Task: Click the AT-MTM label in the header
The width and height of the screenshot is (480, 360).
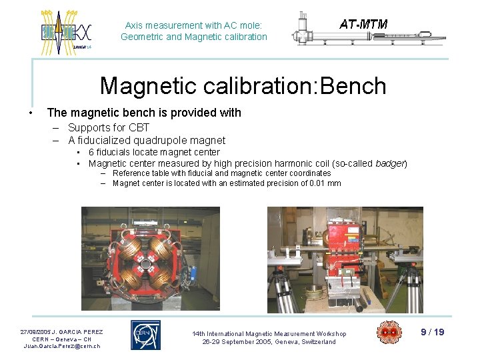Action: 363,25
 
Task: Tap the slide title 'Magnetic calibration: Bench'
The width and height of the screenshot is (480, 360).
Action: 243,86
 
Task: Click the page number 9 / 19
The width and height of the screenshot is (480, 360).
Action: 433,332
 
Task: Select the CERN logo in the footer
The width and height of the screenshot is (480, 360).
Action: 145,335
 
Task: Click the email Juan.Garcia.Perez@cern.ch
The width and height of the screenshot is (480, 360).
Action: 61,346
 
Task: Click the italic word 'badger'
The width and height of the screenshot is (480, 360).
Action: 390,163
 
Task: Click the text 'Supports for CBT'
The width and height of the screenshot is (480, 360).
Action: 109,127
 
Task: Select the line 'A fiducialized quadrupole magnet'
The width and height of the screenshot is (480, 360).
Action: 147,140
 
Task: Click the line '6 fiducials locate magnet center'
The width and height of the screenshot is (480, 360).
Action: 154,153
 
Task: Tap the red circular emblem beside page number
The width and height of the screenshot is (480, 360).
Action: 389,333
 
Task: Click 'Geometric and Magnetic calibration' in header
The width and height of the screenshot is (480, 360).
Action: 194,37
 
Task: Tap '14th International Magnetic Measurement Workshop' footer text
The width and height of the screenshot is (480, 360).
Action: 269,333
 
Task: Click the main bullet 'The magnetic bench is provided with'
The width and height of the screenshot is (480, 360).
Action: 144,113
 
